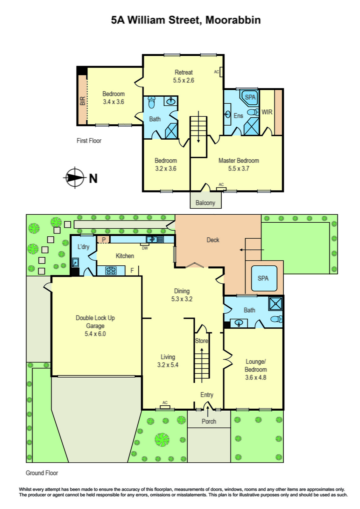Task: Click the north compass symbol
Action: [x=75, y=178]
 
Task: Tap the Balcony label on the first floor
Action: [x=205, y=203]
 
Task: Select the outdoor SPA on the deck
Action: [x=264, y=278]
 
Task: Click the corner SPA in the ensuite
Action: [x=250, y=97]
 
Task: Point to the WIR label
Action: [x=267, y=112]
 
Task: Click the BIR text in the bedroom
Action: [x=83, y=101]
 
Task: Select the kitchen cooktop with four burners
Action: [x=111, y=271]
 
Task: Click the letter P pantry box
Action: [x=104, y=239]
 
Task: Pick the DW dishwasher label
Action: [x=145, y=248]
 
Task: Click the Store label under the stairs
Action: [x=201, y=341]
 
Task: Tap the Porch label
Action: [x=209, y=421]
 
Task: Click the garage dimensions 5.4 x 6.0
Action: [x=95, y=334]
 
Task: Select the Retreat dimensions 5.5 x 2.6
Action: [x=183, y=80]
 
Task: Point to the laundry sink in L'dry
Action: [x=75, y=262]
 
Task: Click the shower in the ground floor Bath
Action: [x=275, y=303]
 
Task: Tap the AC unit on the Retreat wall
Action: [x=221, y=72]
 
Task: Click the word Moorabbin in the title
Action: [x=233, y=20]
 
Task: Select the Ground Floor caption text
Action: [x=42, y=473]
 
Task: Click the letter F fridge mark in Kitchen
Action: [x=132, y=270]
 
